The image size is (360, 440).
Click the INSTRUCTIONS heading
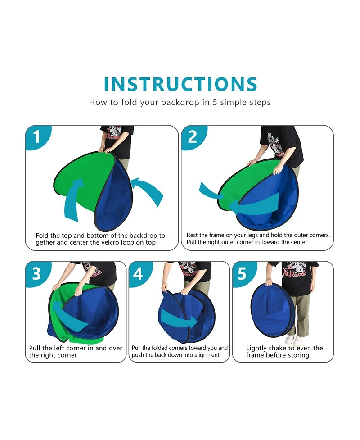(180, 84)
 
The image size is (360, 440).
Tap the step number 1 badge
(37, 137)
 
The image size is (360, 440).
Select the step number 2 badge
(193, 137)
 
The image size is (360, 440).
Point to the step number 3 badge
(37, 274)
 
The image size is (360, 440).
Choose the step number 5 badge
(243, 274)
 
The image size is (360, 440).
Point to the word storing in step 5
(298, 355)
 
